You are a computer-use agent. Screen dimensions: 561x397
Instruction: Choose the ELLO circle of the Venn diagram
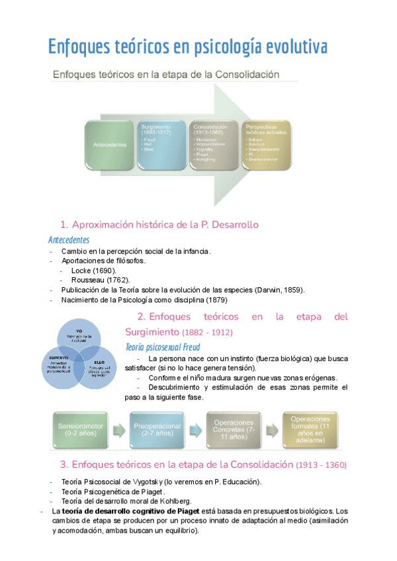[x=99, y=367]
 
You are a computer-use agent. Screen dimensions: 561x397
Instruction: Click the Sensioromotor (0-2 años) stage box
[x=81, y=430]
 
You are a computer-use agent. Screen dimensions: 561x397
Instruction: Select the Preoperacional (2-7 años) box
[x=157, y=430]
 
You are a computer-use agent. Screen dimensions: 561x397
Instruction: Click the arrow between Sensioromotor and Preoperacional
[x=119, y=431]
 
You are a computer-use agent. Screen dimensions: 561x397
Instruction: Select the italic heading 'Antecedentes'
[x=69, y=239]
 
